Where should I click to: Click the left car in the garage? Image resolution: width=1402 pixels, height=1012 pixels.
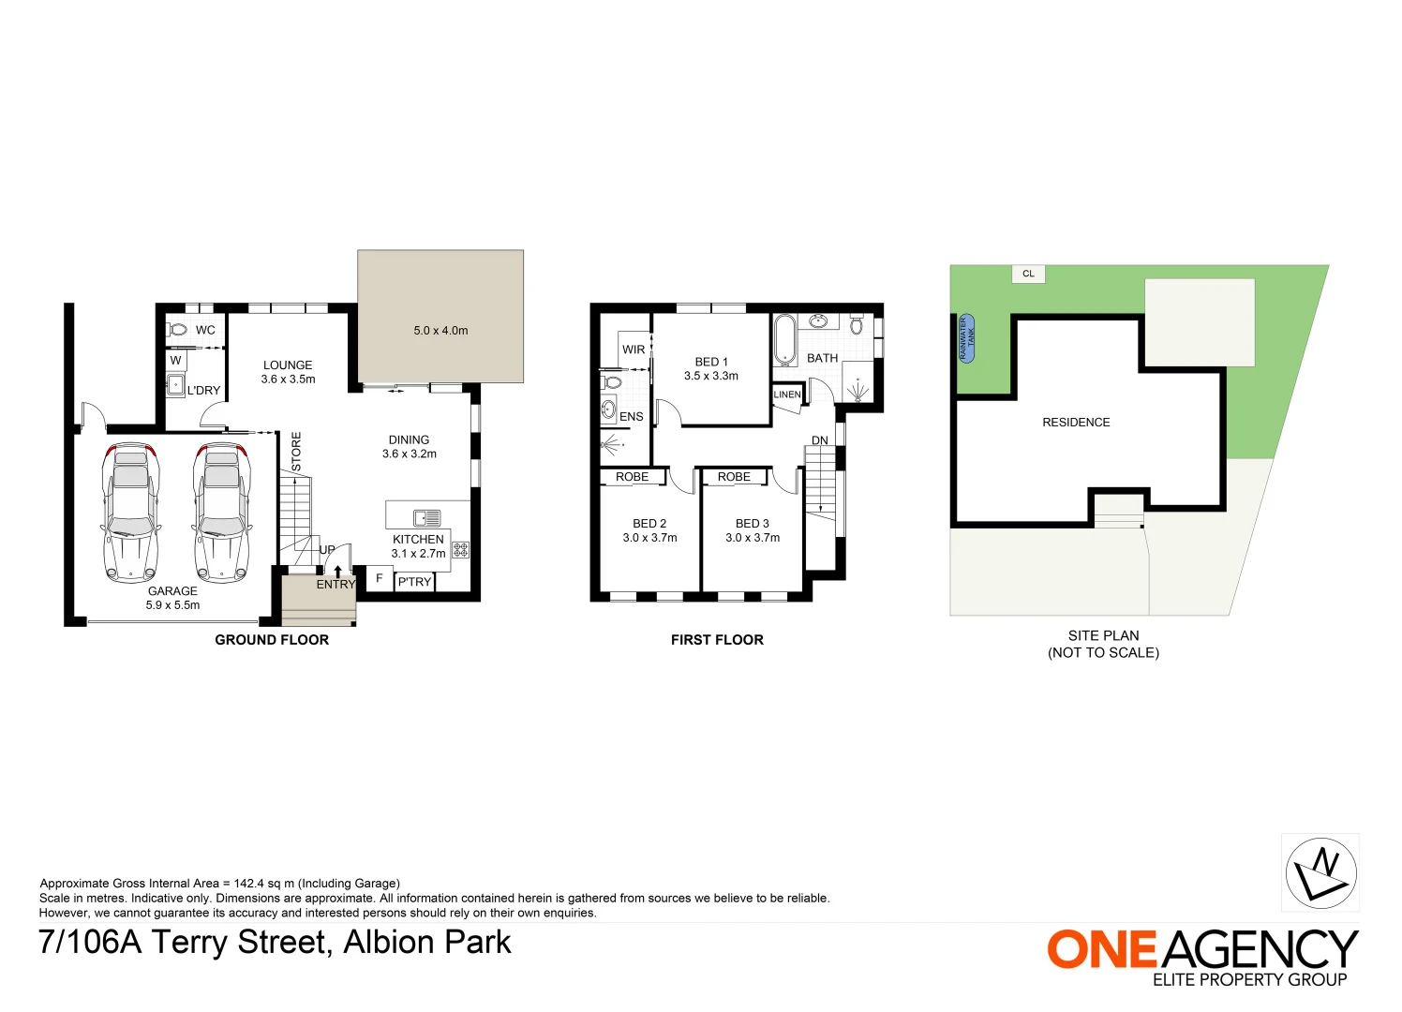click(129, 513)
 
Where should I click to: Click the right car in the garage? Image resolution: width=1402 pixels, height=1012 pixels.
click(222, 513)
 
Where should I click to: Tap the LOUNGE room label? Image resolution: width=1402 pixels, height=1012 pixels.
click(288, 365)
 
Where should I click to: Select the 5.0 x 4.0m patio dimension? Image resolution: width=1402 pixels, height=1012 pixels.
click(440, 331)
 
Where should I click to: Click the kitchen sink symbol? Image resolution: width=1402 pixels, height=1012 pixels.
click(426, 517)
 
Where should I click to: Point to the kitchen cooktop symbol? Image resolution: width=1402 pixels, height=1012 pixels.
click(460, 550)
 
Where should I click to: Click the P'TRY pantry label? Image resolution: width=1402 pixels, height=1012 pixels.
click(414, 582)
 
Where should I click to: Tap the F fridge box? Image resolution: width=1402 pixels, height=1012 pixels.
click(379, 579)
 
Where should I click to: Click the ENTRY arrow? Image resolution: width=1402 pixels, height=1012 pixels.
click(337, 571)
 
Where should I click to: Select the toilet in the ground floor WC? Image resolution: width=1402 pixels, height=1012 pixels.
click(177, 330)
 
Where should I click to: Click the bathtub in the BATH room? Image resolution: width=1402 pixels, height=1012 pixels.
click(784, 340)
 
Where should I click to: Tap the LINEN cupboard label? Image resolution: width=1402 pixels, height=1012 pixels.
click(787, 394)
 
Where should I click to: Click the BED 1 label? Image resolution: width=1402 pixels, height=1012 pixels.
click(711, 362)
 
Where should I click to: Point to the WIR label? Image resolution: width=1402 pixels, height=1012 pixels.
click(634, 350)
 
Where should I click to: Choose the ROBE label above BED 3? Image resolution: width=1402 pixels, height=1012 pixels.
click(734, 477)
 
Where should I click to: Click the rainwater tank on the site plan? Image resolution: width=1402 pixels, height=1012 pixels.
click(966, 338)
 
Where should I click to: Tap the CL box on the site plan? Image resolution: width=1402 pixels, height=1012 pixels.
click(1028, 274)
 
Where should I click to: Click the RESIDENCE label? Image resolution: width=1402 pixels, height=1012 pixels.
click(1076, 423)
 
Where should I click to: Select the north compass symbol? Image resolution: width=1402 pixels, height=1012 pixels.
click(1320, 872)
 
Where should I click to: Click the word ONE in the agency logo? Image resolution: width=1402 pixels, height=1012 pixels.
click(1103, 950)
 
